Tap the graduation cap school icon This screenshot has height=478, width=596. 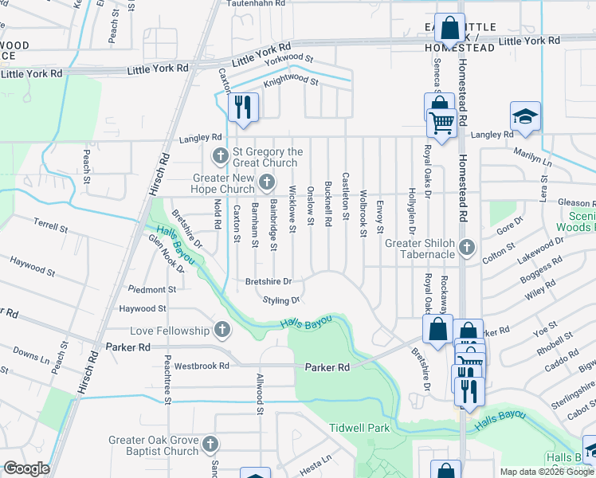[x=525, y=117]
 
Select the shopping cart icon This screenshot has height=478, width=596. [x=441, y=123]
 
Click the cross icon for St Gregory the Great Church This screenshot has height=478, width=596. [x=221, y=155]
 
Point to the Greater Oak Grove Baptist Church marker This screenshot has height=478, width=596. [x=210, y=443]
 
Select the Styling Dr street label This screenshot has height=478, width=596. [x=282, y=300]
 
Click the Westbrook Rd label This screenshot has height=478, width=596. [x=202, y=366]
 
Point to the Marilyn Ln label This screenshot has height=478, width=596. [x=532, y=155]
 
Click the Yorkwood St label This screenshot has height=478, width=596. [x=290, y=60]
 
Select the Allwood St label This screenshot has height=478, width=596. [x=259, y=390]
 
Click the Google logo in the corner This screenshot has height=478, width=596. [x=26, y=468]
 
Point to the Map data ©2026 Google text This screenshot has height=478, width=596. [x=546, y=472]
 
